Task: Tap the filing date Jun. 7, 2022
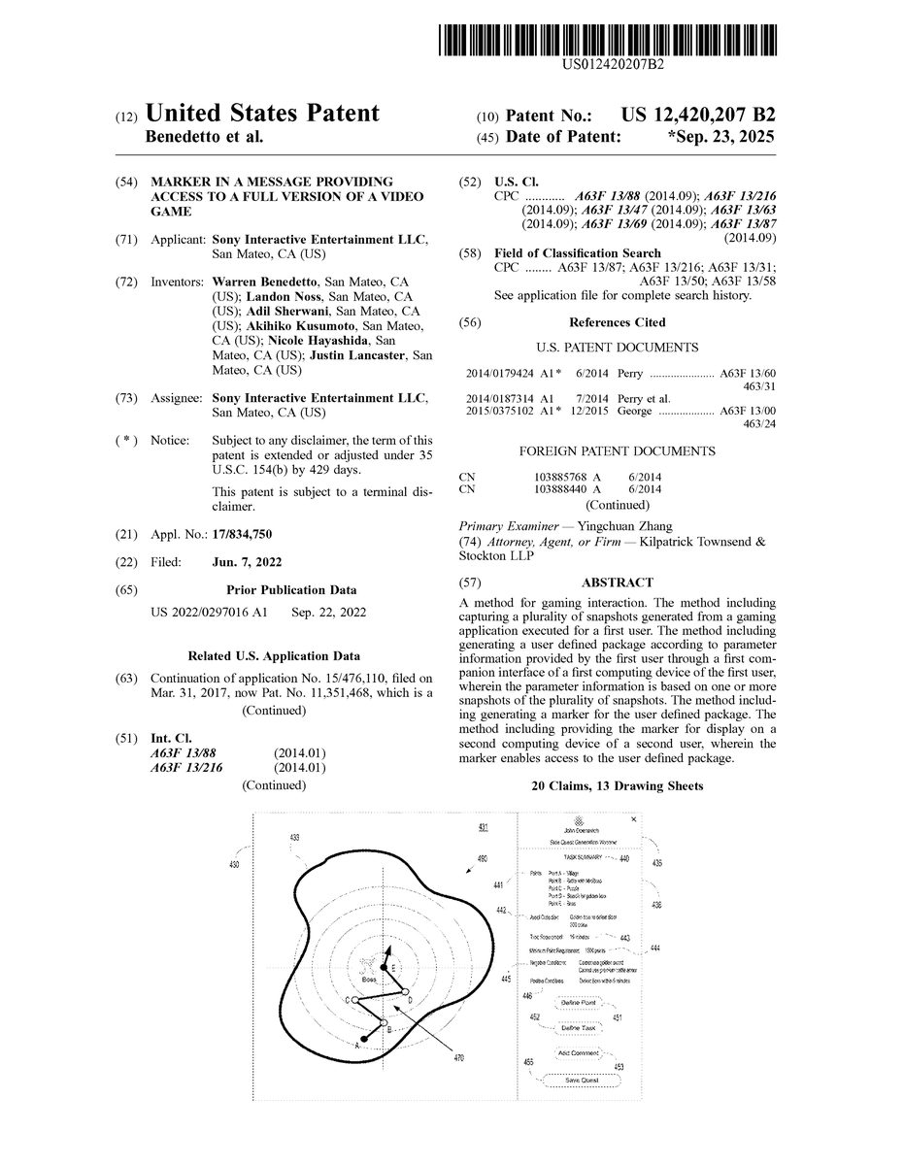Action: point(248,562)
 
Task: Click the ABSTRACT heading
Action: point(617,582)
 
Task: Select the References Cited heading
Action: point(617,322)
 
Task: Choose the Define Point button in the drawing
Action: point(583,1002)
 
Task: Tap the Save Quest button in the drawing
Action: point(583,1081)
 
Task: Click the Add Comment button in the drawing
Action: point(583,1053)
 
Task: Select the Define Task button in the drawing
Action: point(583,1027)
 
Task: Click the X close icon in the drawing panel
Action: point(633,819)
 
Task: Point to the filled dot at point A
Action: point(364,1041)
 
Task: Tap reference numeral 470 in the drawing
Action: point(459,1059)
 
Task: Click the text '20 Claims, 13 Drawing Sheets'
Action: point(617,786)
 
